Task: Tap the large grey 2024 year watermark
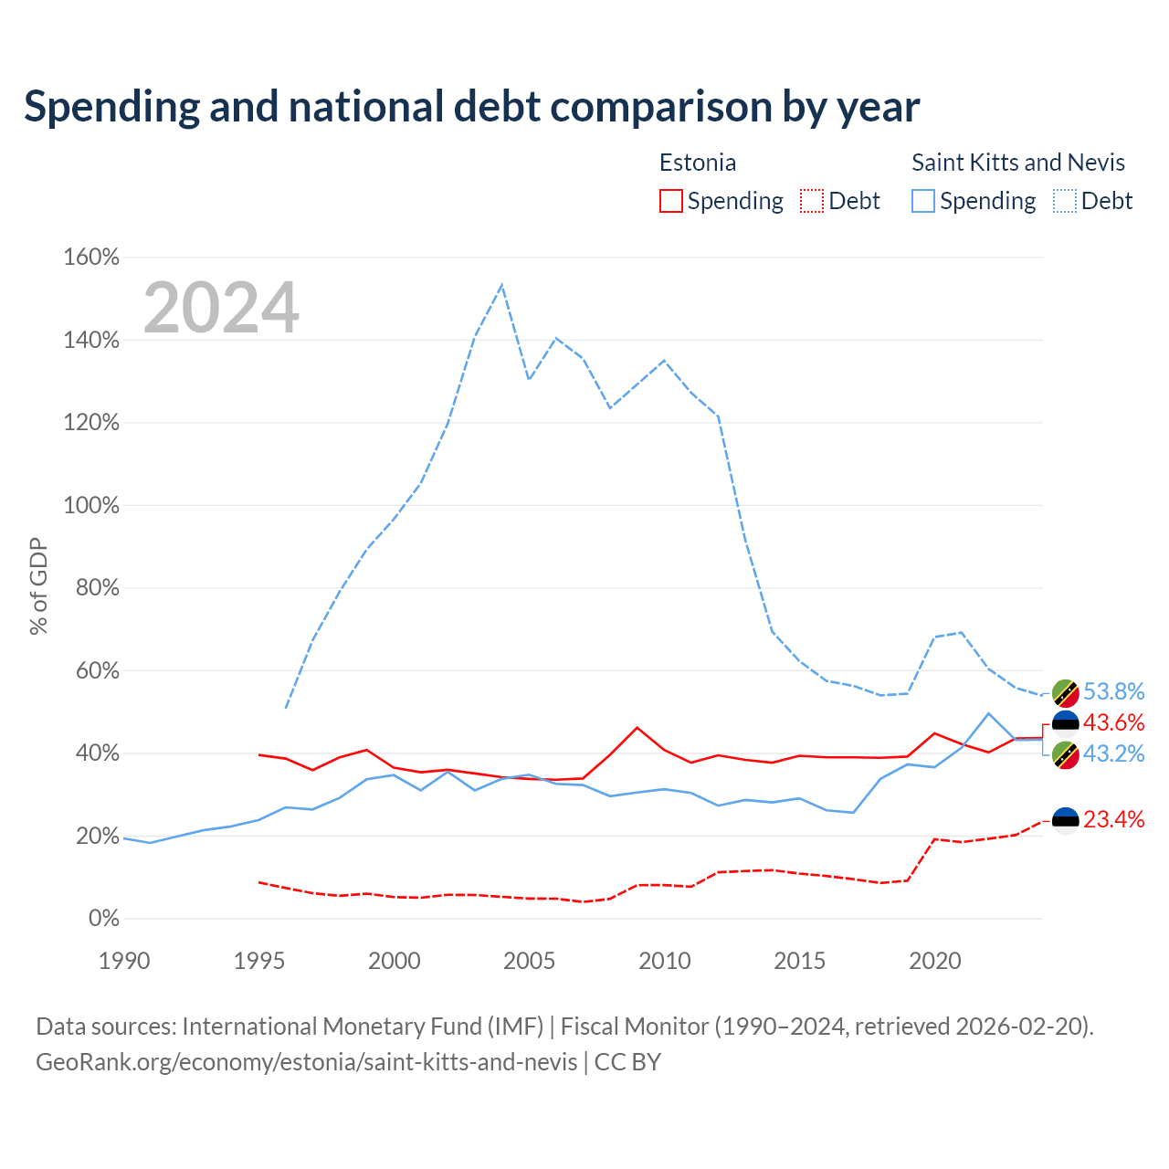(221, 307)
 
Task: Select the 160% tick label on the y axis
(91, 258)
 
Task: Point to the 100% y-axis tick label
(91, 505)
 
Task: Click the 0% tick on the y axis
(104, 918)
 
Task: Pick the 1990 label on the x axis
(124, 961)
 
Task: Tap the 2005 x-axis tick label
(529, 961)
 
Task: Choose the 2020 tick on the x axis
(935, 961)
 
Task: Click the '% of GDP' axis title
(38, 586)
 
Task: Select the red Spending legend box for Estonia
(671, 201)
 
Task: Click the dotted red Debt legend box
(812, 201)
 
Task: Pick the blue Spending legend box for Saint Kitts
(923, 201)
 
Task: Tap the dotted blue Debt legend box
(1065, 201)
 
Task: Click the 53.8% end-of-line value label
(1114, 691)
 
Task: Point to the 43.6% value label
(1114, 721)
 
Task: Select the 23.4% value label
(1114, 819)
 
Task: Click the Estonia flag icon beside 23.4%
(1065, 821)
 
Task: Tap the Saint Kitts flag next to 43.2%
(1065, 755)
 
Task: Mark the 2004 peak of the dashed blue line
(502, 285)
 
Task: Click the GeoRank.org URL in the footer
(306, 1062)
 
